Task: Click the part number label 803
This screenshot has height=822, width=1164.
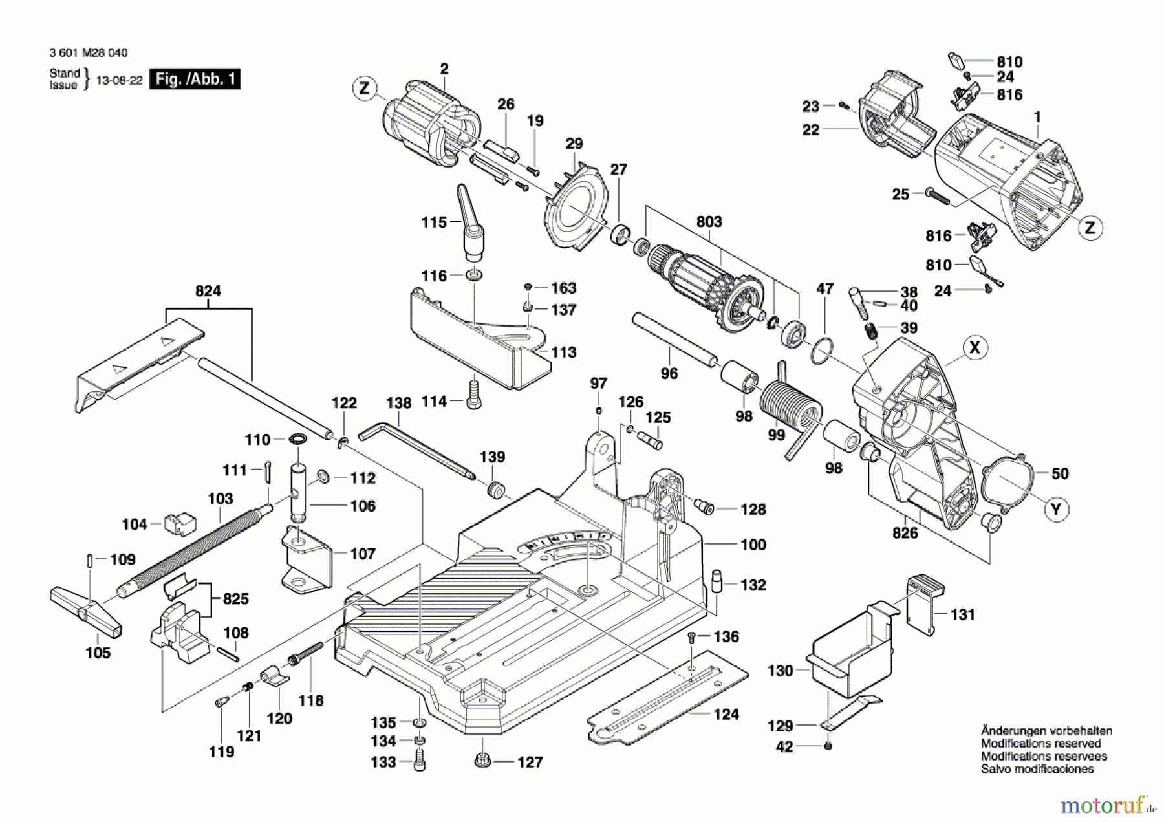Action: [709, 222]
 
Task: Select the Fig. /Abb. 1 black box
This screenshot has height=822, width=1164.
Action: [195, 80]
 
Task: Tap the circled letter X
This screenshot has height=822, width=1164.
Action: [975, 348]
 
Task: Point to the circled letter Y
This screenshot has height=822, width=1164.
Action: [1056, 510]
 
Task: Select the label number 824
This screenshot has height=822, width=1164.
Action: [208, 291]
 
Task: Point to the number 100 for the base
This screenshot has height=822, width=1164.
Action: [753, 545]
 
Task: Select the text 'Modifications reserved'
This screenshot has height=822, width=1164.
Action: [1040, 744]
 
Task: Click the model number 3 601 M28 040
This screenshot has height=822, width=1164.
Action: [89, 53]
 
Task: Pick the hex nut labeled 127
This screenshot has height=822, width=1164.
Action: [482, 761]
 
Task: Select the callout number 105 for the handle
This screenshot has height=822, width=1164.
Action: [98, 653]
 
